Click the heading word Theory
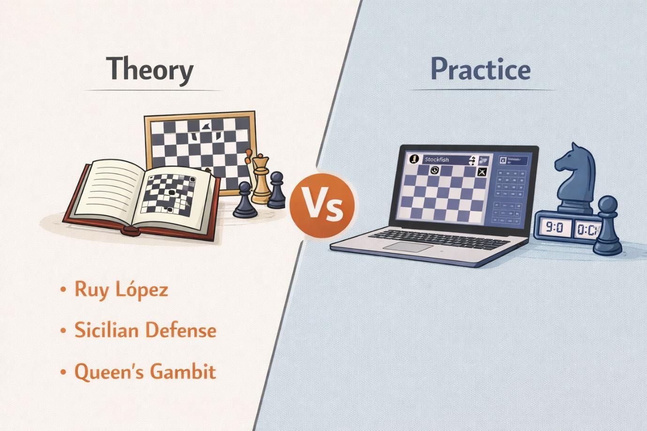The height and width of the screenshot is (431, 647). tap(150, 69)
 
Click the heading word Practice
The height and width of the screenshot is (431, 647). tap(480, 69)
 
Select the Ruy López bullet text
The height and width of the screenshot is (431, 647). tap(121, 290)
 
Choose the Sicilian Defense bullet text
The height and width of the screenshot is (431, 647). tap(145, 331)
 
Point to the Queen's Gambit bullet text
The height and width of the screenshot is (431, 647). tap(145, 372)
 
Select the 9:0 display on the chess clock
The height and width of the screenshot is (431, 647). tap(554, 228)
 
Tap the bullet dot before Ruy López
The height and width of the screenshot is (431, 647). tap(63, 290)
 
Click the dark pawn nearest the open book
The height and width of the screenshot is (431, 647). tap(245, 201)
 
